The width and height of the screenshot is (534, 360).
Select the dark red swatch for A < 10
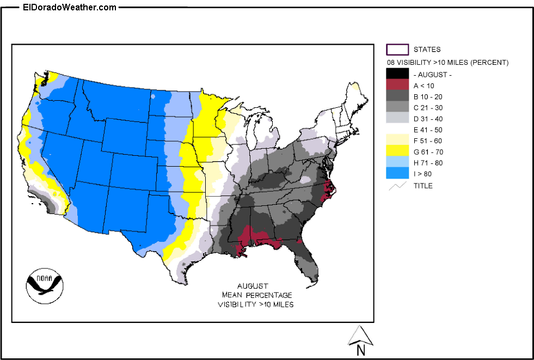coord(397,84)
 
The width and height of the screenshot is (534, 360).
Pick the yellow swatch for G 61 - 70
coord(397,151)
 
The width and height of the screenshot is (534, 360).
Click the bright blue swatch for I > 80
coord(397,173)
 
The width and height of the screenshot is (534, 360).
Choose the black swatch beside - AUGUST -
coord(397,73)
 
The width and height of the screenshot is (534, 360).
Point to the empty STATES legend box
coord(397,50)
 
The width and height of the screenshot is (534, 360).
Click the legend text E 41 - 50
coord(428,129)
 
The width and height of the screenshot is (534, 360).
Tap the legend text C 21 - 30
coord(428,107)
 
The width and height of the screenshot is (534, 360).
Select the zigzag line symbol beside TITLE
coord(397,186)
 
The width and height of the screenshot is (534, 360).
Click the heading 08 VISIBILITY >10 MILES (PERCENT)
coord(447,63)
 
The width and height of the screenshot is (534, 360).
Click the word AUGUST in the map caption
coord(253,286)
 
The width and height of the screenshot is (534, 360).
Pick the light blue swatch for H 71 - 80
coord(397,162)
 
